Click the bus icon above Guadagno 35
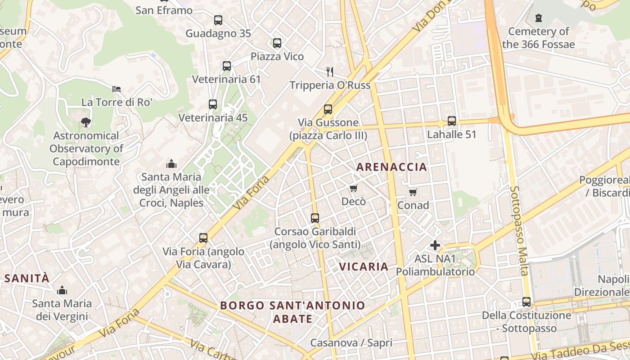click(x=218, y=20)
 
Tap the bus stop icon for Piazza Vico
click(x=277, y=43)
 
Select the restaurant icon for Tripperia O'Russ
click(x=330, y=72)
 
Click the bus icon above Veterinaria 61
click(x=227, y=66)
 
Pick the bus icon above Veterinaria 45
click(x=213, y=104)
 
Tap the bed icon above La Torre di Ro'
click(x=117, y=89)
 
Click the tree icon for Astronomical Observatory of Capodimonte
click(x=85, y=122)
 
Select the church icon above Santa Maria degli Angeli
click(x=171, y=163)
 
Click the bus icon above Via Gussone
click(x=328, y=109)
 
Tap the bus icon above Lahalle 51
click(x=452, y=121)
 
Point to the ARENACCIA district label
click(x=391, y=167)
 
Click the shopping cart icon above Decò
click(x=354, y=188)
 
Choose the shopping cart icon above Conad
click(x=413, y=192)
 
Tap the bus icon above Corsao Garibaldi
click(x=315, y=218)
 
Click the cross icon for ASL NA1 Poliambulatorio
click(x=435, y=245)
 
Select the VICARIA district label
click(x=364, y=266)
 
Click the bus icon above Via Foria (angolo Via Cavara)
click(x=203, y=238)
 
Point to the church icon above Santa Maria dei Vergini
click(x=62, y=290)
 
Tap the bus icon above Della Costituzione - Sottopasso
click(x=526, y=302)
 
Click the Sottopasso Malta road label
click(x=519, y=230)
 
